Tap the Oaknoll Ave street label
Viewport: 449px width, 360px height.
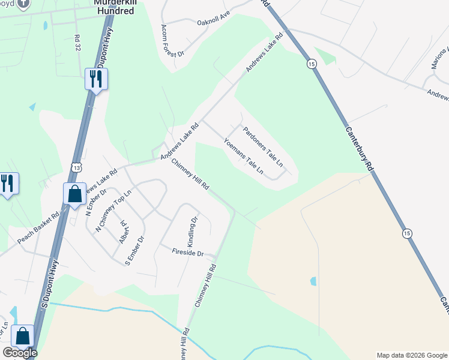point(213,19)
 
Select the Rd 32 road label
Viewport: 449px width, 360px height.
point(77,43)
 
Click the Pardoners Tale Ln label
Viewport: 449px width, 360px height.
point(262,145)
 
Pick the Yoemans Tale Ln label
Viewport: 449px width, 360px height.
point(243,156)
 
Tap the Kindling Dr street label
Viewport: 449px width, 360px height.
point(192,233)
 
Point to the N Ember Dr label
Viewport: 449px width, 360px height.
point(95,203)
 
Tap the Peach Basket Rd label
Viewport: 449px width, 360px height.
point(38,228)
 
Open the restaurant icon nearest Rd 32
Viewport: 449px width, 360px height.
point(96,79)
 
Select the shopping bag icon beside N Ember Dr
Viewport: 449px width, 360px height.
point(74,194)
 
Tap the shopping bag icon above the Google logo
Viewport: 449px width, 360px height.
point(23,336)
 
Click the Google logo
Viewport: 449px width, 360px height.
point(19,353)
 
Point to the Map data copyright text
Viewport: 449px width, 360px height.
point(411,355)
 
